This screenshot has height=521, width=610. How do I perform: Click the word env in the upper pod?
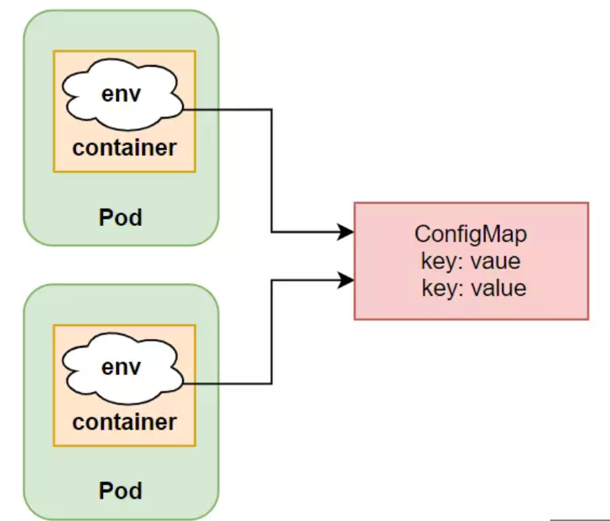coord(121,94)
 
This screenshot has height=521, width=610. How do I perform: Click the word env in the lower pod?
coord(121,368)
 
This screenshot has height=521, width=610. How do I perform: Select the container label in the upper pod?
coord(124,148)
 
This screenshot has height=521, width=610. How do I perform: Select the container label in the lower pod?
coord(124,422)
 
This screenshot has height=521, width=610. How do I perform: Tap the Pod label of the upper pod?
coord(120,217)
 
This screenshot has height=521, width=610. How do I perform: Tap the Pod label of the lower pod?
coord(120,491)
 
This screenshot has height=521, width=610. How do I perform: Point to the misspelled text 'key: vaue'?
coord(470,261)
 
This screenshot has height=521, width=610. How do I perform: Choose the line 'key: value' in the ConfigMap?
coord(473,289)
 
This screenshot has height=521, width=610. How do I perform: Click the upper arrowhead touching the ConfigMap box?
coord(347,232)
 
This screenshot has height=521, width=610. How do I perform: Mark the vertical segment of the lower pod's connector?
coord(271,331)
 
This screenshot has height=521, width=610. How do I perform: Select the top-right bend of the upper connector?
coord(271,109)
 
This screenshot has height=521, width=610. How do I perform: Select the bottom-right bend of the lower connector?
coord(271,384)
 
